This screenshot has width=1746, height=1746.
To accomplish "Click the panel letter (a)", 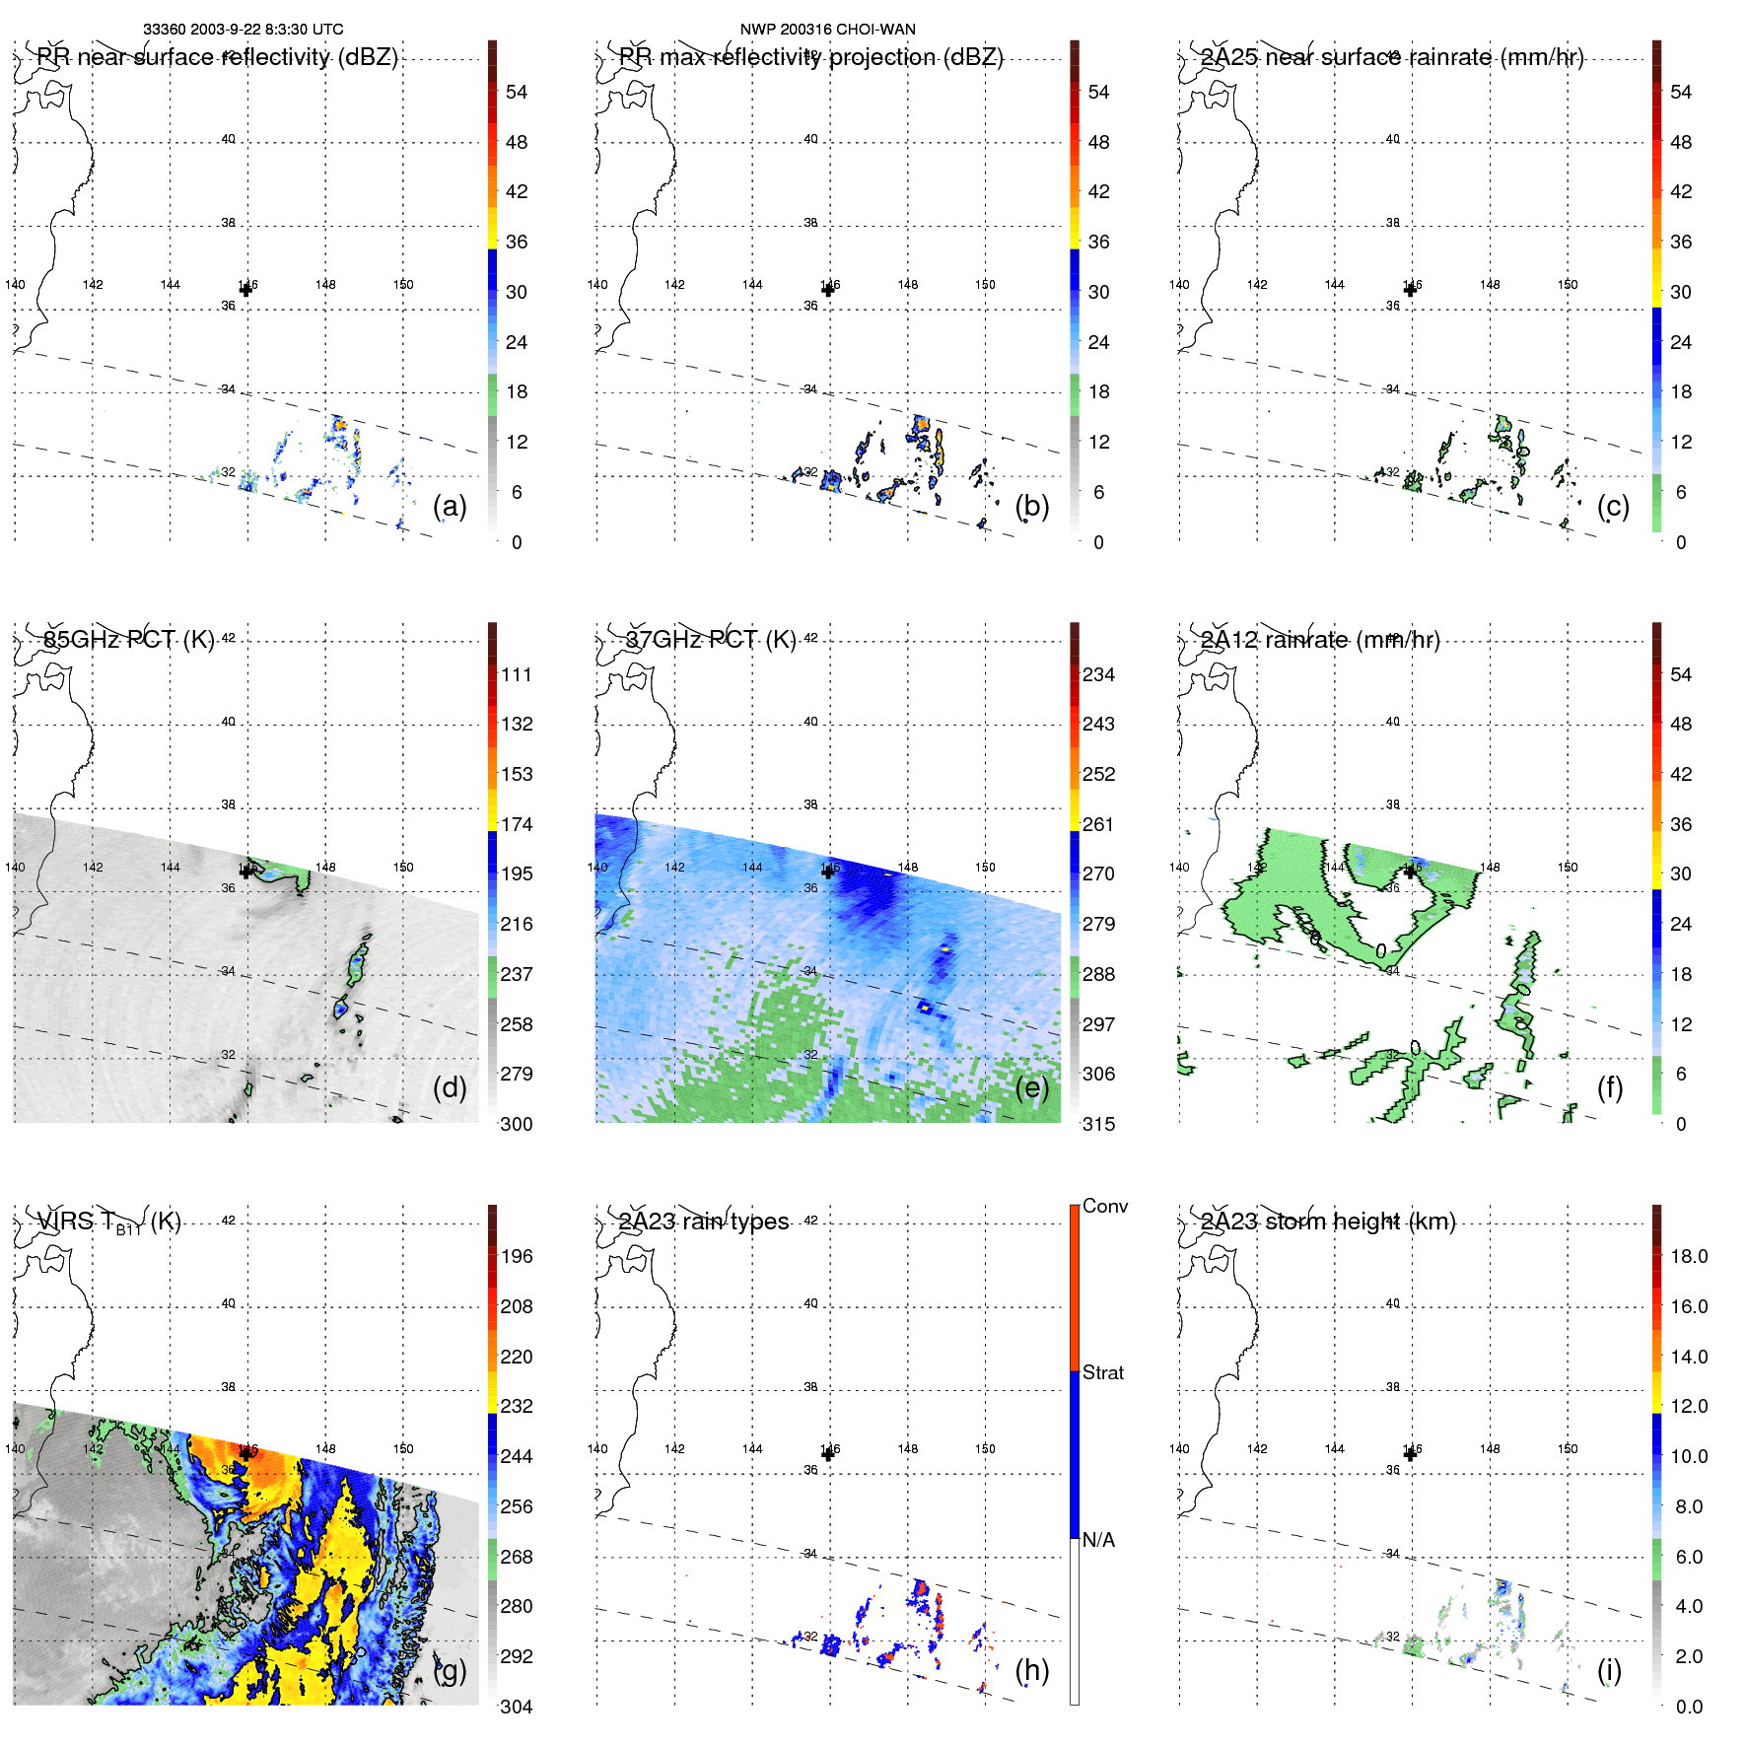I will pyautogui.click(x=450, y=507).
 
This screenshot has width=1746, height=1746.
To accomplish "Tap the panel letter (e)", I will pyautogui.click(x=1031, y=1088).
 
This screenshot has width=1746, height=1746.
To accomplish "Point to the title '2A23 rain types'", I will pyautogui.click(x=704, y=1222).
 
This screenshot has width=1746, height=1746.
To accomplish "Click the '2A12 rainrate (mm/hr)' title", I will pyautogui.click(x=1320, y=640).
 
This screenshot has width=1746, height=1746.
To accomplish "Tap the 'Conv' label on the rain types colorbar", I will pyautogui.click(x=1105, y=1207).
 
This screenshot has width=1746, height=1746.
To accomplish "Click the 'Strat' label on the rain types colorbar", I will pyautogui.click(x=1103, y=1372).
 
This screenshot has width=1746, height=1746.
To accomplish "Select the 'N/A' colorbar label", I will pyautogui.click(x=1098, y=1540).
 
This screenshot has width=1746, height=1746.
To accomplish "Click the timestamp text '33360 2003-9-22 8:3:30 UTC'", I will pyautogui.click(x=244, y=30).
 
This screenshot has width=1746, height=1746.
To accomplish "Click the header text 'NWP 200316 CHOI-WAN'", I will pyautogui.click(x=828, y=30).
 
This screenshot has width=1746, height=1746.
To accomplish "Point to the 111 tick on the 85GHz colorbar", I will pyautogui.click(x=517, y=675).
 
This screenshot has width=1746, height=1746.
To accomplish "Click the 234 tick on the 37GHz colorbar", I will pyautogui.click(x=1098, y=675).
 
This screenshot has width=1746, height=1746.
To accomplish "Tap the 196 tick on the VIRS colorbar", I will pyautogui.click(x=517, y=1257).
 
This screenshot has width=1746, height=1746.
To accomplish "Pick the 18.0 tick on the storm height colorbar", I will pyautogui.click(x=1689, y=1257).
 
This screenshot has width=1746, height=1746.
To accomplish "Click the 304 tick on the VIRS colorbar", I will pyautogui.click(x=517, y=1707).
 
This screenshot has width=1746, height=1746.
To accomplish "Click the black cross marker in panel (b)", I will pyautogui.click(x=828, y=290).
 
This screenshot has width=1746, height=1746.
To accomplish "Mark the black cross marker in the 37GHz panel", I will pyautogui.click(x=828, y=872).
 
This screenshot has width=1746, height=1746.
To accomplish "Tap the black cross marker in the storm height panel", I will pyautogui.click(x=1410, y=1453).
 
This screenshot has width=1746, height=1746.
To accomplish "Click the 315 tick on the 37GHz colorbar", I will pyautogui.click(x=1098, y=1125).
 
